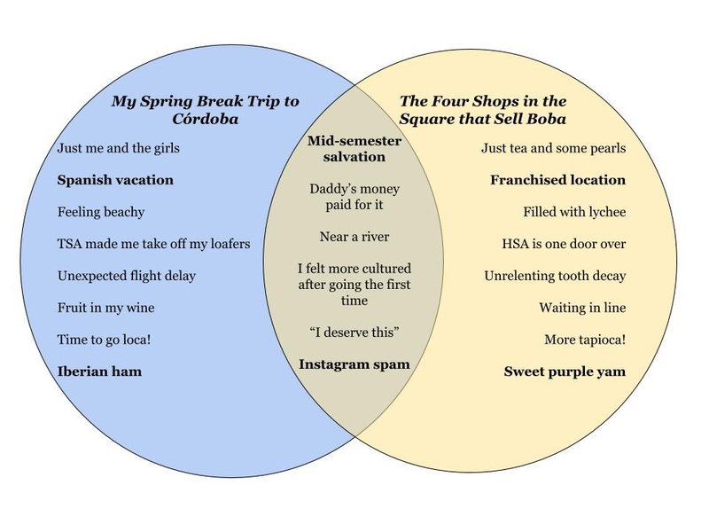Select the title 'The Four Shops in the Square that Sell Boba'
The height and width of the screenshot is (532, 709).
483,110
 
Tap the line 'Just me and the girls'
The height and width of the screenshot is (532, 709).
118,148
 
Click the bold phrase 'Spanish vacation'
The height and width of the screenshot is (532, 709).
115,180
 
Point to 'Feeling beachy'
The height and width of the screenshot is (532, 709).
101,212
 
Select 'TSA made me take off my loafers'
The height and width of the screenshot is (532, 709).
153,244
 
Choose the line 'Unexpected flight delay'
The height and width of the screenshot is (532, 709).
127,276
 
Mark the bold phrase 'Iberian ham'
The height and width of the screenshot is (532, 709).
99,372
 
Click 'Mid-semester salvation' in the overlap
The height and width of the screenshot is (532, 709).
354,149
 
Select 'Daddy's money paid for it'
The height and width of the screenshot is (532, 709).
354,197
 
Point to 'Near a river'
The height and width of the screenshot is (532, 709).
354,237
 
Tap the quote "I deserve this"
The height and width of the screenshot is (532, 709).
354,332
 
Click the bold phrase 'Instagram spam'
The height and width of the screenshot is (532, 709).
354,364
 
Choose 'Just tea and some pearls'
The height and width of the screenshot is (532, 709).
554,148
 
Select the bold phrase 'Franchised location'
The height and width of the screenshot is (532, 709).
558,180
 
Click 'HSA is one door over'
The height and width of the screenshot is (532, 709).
565,244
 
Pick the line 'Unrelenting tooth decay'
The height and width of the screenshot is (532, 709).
555,276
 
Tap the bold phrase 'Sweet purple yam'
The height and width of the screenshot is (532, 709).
565,372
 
